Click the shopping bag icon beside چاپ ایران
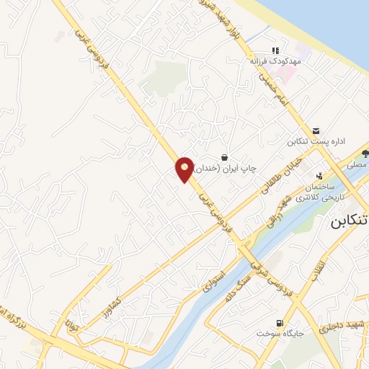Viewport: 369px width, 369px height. tap(225, 156)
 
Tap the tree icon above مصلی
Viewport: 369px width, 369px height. tap(365, 153)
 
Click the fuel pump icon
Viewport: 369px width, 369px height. tap(280, 323)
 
